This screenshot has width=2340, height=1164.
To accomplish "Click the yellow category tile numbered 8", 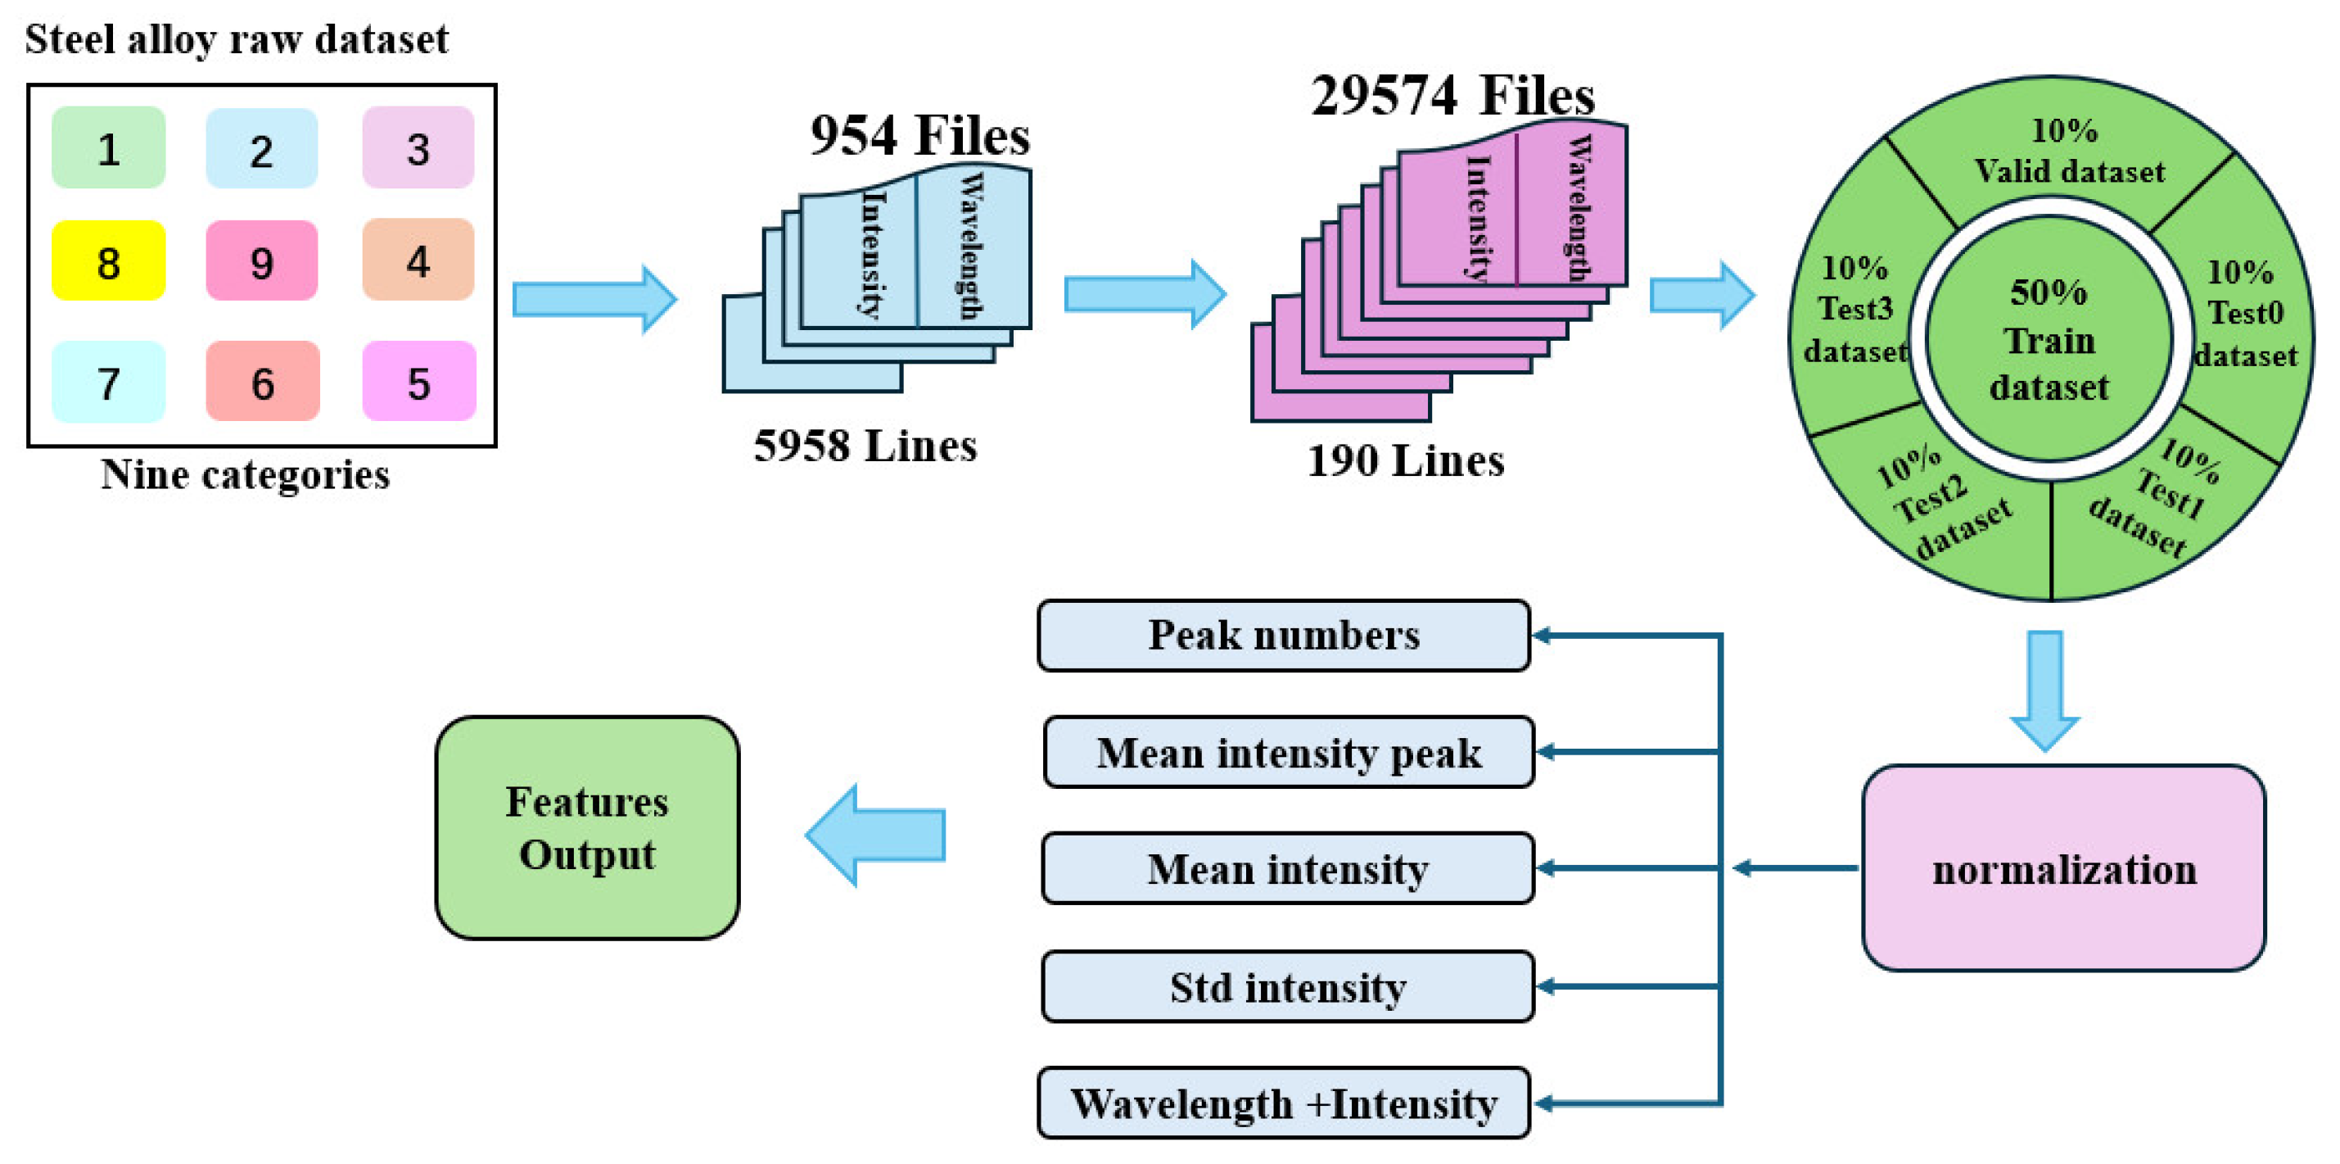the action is (109, 260).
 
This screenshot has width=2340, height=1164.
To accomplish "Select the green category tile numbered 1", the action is (109, 147).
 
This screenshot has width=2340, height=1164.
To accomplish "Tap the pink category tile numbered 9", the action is (262, 260).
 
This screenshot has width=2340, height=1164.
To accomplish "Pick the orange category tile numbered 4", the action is (418, 259).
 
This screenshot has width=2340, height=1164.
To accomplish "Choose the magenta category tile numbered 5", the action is (418, 381).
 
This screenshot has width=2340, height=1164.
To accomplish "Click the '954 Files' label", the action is (920, 136).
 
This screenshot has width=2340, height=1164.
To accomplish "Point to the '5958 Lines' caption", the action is (865, 446).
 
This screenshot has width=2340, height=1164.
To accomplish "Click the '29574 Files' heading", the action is (1452, 95).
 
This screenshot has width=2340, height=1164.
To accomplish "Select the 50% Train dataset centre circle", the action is (2048, 339).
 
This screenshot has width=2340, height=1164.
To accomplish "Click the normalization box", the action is (2064, 867).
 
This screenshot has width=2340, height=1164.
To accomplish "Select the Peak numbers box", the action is (1284, 635).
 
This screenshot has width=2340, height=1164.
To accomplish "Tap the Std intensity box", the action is (1287, 987).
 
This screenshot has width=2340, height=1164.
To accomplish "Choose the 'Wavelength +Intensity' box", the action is (1284, 1103).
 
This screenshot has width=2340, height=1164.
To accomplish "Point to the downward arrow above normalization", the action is (2044, 691).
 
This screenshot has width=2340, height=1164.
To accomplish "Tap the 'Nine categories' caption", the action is (246, 475).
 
